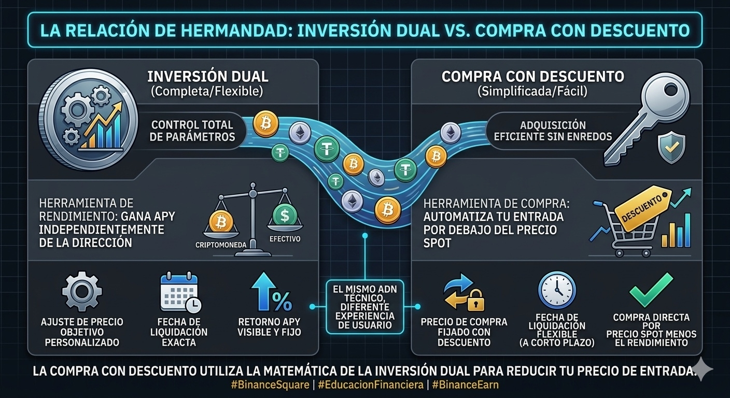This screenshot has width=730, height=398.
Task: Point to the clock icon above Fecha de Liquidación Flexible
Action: [557, 290]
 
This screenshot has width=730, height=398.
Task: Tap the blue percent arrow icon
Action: [270, 293]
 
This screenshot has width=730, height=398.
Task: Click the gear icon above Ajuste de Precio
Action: [82, 292]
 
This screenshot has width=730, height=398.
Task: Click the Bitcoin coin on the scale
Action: [221, 222]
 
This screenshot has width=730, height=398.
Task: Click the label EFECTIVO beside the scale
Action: [285, 239]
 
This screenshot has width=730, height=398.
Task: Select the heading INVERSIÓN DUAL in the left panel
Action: [208, 77]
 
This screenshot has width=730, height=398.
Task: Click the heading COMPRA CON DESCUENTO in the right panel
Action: [532, 77]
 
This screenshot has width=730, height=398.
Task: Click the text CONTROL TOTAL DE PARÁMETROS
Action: [192, 131]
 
